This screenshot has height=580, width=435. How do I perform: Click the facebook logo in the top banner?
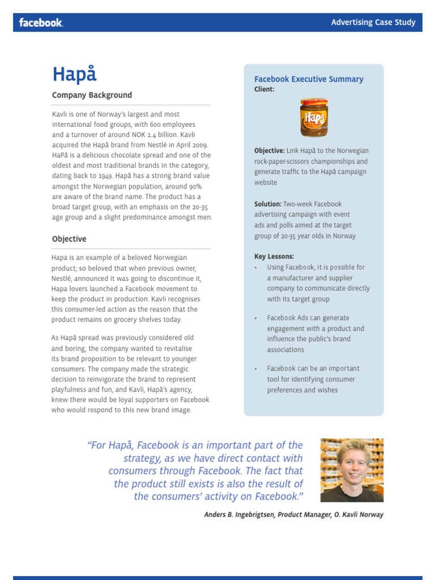[41, 23]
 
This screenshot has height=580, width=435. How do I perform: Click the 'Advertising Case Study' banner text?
[373, 23]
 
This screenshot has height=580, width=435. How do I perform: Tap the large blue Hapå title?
[74, 74]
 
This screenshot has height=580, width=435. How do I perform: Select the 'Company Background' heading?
[92, 95]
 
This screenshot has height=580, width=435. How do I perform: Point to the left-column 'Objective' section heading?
[69, 239]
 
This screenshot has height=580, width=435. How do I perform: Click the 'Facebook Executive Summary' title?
[309, 79]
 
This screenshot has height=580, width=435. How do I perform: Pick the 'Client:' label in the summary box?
[265, 89]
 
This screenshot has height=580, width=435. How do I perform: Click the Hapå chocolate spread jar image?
[313, 117]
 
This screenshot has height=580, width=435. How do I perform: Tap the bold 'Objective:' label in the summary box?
[270, 151]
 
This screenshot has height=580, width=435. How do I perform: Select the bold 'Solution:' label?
[268, 204]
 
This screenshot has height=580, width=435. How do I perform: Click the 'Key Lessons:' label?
[274, 257]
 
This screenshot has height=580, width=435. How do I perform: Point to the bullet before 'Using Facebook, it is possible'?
[256, 267]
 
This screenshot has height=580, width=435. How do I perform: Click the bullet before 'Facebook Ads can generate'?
[256, 318]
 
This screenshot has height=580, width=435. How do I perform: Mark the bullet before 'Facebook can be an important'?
[256, 369]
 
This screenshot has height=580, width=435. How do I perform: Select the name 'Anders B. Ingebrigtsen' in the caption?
[239, 515]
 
